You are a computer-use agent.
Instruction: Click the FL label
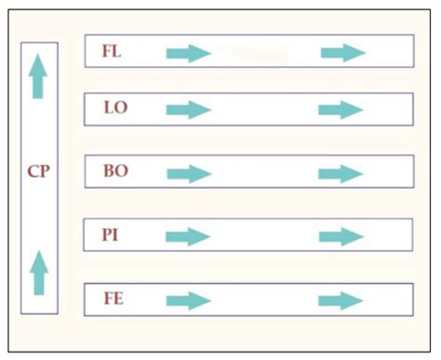[112, 51]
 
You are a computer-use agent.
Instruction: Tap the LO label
[116, 108]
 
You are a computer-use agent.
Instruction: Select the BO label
[116, 171]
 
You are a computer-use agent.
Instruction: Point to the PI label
[112, 233]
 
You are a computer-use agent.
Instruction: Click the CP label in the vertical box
[38, 171]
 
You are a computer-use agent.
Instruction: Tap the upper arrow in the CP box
[37, 76]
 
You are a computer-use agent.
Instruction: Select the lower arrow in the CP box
[38, 272]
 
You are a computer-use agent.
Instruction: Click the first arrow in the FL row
[189, 53]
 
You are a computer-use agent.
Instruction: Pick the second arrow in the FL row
[342, 53]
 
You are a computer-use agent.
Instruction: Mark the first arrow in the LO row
[189, 111]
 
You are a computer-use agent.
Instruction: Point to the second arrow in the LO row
[341, 111]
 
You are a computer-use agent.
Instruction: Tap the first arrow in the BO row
[189, 174]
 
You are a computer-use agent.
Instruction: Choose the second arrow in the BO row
[341, 174]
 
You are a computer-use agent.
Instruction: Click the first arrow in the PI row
[189, 236]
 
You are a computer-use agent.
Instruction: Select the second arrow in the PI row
[341, 236]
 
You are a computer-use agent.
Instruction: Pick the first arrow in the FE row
[189, 300]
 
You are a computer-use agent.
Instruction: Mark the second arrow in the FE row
[341, 300]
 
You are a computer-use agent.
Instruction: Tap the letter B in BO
[110, 171]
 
